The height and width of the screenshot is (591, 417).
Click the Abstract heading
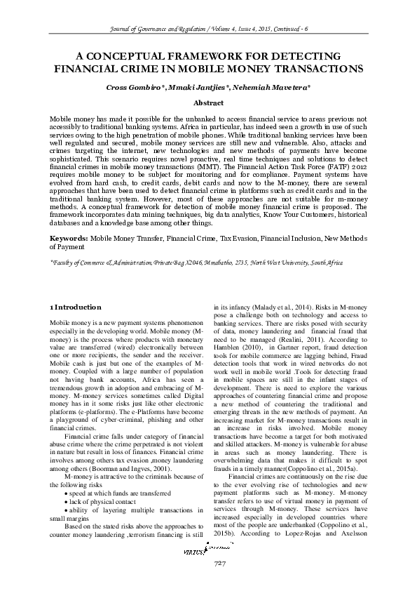[208, 102]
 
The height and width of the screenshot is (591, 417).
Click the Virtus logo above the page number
[208, 571]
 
